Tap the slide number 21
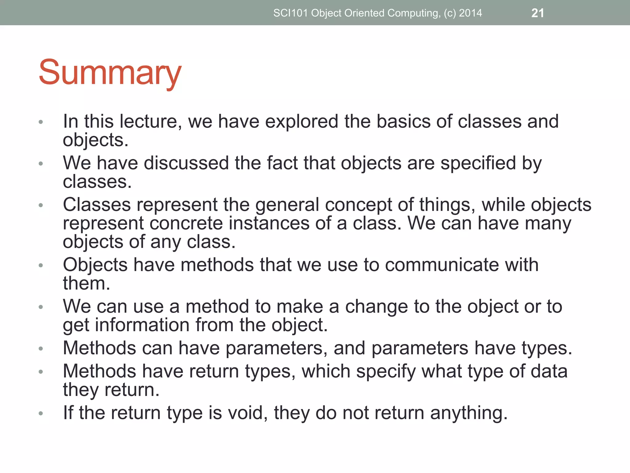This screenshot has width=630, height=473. click(x=537, y=13)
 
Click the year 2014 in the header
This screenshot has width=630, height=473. click(x=470, y=13)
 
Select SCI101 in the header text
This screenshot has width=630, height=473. click(x=291, y=13)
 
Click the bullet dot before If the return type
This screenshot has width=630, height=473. click(x=41, y=413)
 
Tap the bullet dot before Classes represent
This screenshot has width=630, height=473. click(x=41, y=205)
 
